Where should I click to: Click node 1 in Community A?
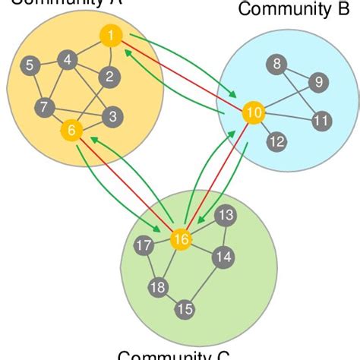[x=110, y=36]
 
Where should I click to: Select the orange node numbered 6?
[x=71, y=131]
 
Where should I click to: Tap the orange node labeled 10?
[x=254, y=113]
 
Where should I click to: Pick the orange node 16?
[x=181, y=239]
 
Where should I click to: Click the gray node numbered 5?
[x=29, y=65]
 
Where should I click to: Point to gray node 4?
[x=68, y=59]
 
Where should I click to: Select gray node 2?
[x=109, y=76]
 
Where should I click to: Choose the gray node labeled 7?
[x=45, y=107]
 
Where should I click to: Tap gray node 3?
[x=112, y=117]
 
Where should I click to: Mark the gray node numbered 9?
[x=318, y=82]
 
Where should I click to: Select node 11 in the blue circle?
[x=321, y=120]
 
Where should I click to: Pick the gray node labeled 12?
[x=277, y=141]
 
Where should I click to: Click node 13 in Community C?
[x=226, y=216]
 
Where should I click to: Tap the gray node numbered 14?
[x=223, y=257]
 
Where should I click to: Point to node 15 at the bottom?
[x=185, y=309]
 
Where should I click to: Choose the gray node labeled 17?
[x=143, y=245]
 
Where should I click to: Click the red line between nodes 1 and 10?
[x=182, y=74]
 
